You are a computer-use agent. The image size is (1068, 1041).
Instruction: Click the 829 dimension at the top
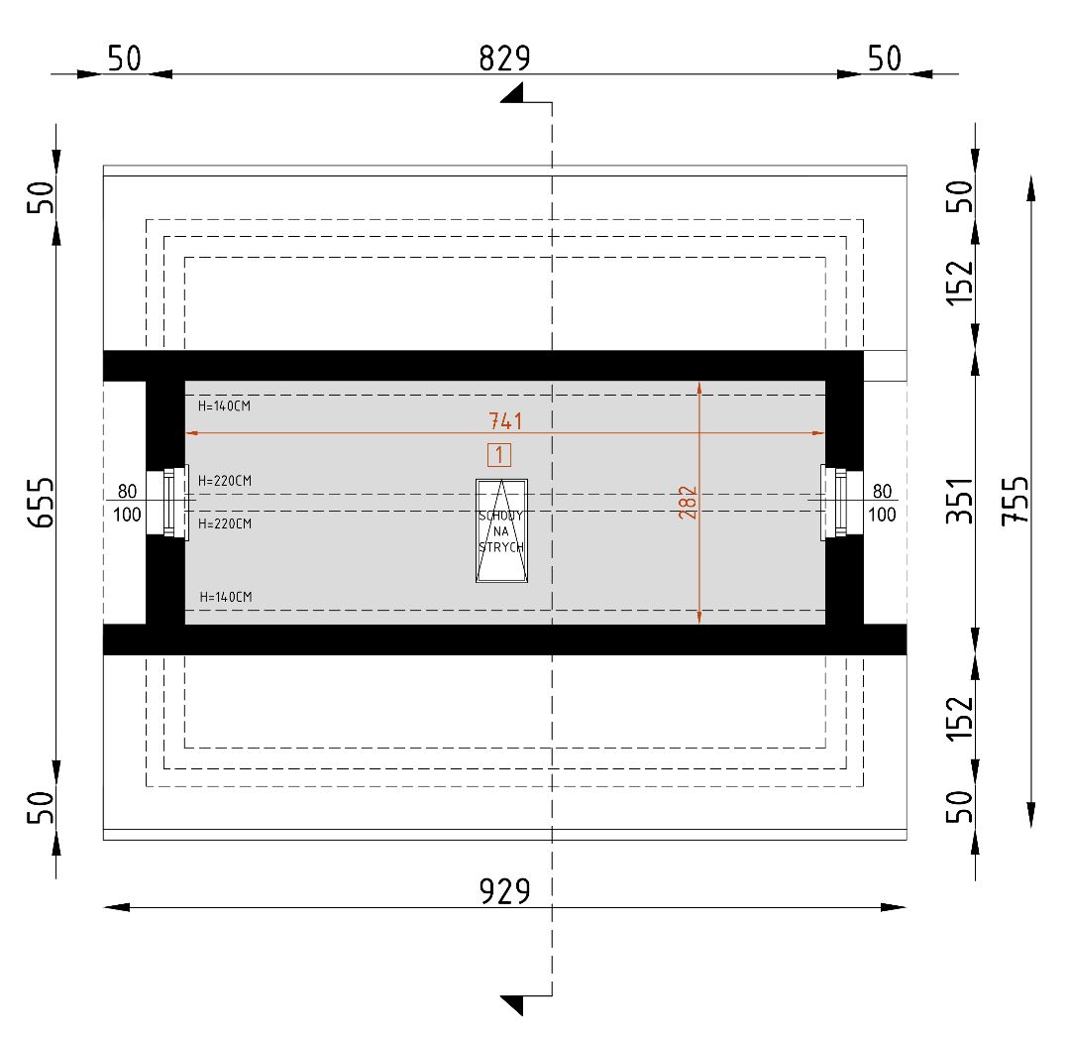coord(504,58)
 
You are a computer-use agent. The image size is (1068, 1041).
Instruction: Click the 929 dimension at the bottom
coord(504,891)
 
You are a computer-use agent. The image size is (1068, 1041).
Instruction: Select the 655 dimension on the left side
coord(41,503)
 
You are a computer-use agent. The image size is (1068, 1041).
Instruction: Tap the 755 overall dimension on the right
coord(1015,501)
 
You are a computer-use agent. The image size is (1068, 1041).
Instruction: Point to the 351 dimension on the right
coord(960,501)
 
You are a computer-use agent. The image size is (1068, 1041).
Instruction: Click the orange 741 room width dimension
coord(505,420)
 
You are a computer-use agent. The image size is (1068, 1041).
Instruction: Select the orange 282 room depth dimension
coord(688,503)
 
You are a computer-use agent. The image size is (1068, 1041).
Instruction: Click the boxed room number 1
coord(499,455)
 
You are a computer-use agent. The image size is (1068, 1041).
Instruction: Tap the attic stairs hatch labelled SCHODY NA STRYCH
coord(502,531)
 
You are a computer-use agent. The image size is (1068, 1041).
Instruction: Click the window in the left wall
coord(175,503)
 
